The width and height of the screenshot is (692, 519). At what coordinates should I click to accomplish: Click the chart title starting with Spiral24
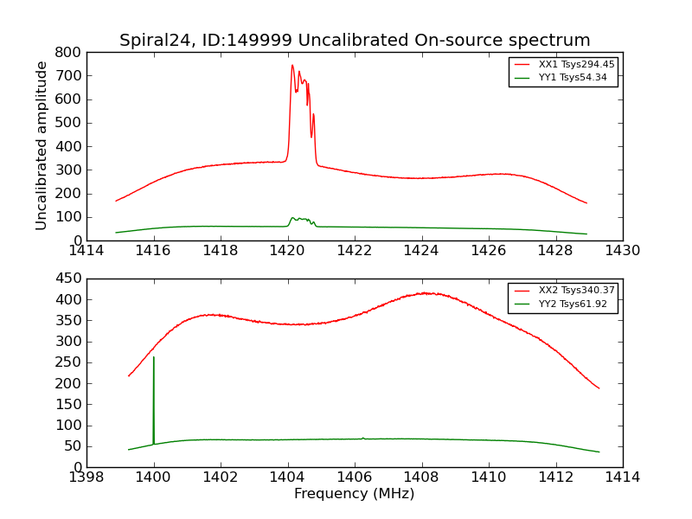coord(355,41)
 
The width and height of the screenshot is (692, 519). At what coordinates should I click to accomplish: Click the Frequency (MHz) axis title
coord(355,494)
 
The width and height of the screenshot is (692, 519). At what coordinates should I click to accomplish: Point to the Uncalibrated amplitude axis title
coord(42,145)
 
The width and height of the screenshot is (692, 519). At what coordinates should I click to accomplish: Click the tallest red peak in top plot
coord(292,66)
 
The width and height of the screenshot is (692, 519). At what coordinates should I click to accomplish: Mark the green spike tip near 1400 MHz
coord(154,356)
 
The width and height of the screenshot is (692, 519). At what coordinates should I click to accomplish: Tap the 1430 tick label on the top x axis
coord(622,251)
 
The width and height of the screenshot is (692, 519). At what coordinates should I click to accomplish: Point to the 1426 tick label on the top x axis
coord(488,251)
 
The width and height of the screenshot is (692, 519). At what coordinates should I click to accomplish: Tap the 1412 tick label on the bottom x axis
coord(555,477)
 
